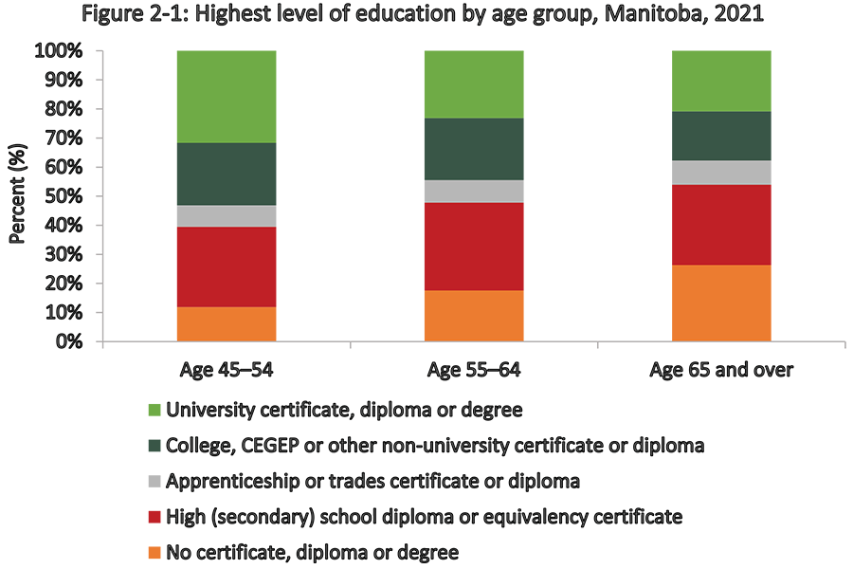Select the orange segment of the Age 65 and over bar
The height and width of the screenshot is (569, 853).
[720, 303]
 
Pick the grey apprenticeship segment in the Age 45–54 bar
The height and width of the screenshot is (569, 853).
[226, 216]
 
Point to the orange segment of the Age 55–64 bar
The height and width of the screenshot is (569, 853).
[473, 316]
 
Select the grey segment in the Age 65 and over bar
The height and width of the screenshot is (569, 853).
[720, 173]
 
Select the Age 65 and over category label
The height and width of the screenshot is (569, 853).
[720, 369]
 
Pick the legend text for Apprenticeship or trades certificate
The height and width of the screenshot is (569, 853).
[372, 481]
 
